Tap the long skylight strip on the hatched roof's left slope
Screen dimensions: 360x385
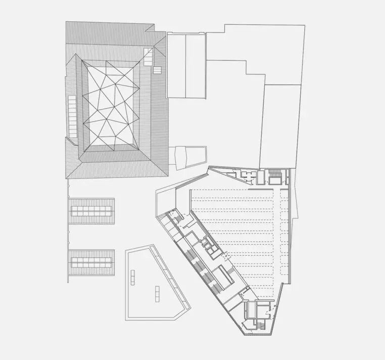click(x=71, y=112)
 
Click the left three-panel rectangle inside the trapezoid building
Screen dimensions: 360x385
click(x=133, y=277)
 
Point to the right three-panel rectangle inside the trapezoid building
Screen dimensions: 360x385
click(x=157, y=293)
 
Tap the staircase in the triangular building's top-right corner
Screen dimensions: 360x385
click(x=275, y=176)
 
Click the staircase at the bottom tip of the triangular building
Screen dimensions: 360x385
click(x=261, y=324)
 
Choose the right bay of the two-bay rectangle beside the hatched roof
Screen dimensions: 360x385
click(x=196, y=66)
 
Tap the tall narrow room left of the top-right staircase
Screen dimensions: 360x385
click(x=261, y=177)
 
